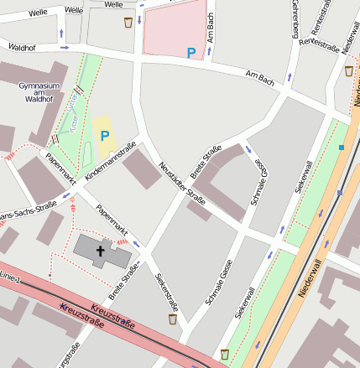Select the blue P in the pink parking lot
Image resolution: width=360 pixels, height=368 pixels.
pyautogui.click(x=191, y=53)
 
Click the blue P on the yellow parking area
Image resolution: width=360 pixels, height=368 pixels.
pyautogui.click(x=105, y=135)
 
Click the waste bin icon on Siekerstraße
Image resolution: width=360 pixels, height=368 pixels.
pyautogui.click(x=173, y=319)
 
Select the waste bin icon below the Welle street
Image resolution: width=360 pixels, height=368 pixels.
pyautogui.click(x=128, y=22)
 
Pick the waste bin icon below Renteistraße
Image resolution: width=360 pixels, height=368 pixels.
pyautogui.click(x=348, y=70)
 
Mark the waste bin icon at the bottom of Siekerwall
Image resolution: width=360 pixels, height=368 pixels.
pyautogui.click(x=224, y=354)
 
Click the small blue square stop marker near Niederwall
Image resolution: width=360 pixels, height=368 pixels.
pyautogui.click(x=341, y=148)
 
